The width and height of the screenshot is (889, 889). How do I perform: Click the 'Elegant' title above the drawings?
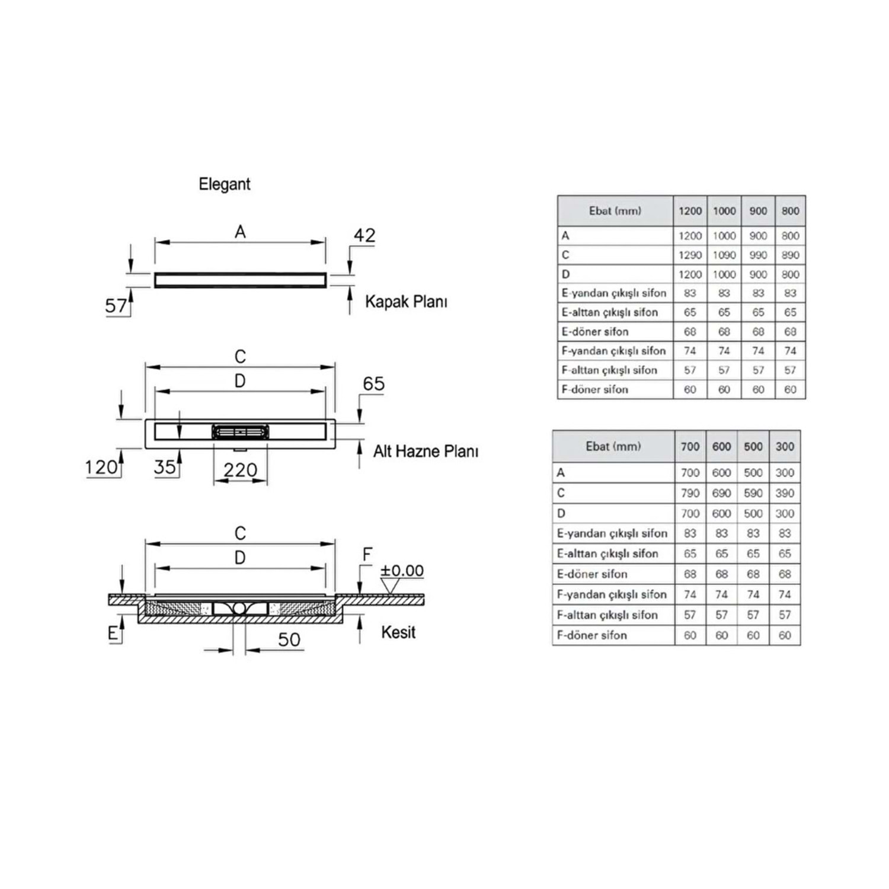tap(224, 185)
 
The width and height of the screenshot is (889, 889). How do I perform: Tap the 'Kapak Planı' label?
tap(406, 302)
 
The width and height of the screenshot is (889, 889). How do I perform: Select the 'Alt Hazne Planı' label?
tap(426, 452)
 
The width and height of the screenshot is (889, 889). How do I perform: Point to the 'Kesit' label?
tap(398, 632)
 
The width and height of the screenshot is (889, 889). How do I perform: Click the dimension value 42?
tap(364, 236)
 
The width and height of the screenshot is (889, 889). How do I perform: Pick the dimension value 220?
tap(240, 471)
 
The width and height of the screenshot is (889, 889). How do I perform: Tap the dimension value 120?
tap(101, 468)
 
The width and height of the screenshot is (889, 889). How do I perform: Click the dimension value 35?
tap(165, 467)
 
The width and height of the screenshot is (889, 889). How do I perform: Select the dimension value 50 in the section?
tap(289, 640)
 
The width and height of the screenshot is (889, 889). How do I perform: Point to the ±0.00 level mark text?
tap(402, 571)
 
